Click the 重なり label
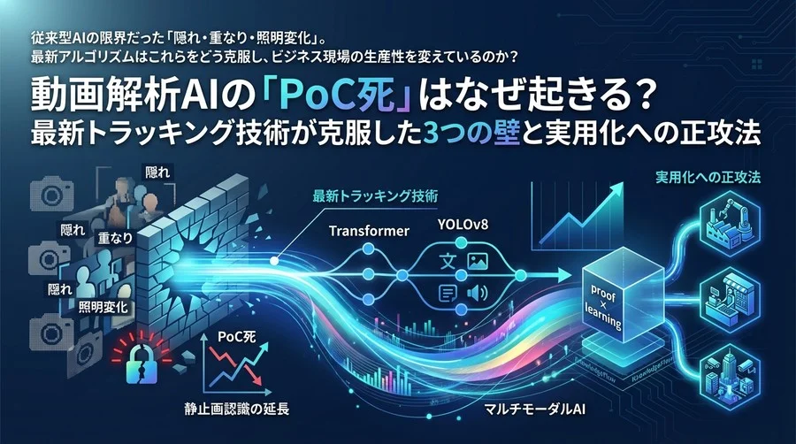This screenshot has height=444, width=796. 116,238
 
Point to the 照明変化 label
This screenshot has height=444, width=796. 103,308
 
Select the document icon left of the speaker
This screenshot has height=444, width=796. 448,295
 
